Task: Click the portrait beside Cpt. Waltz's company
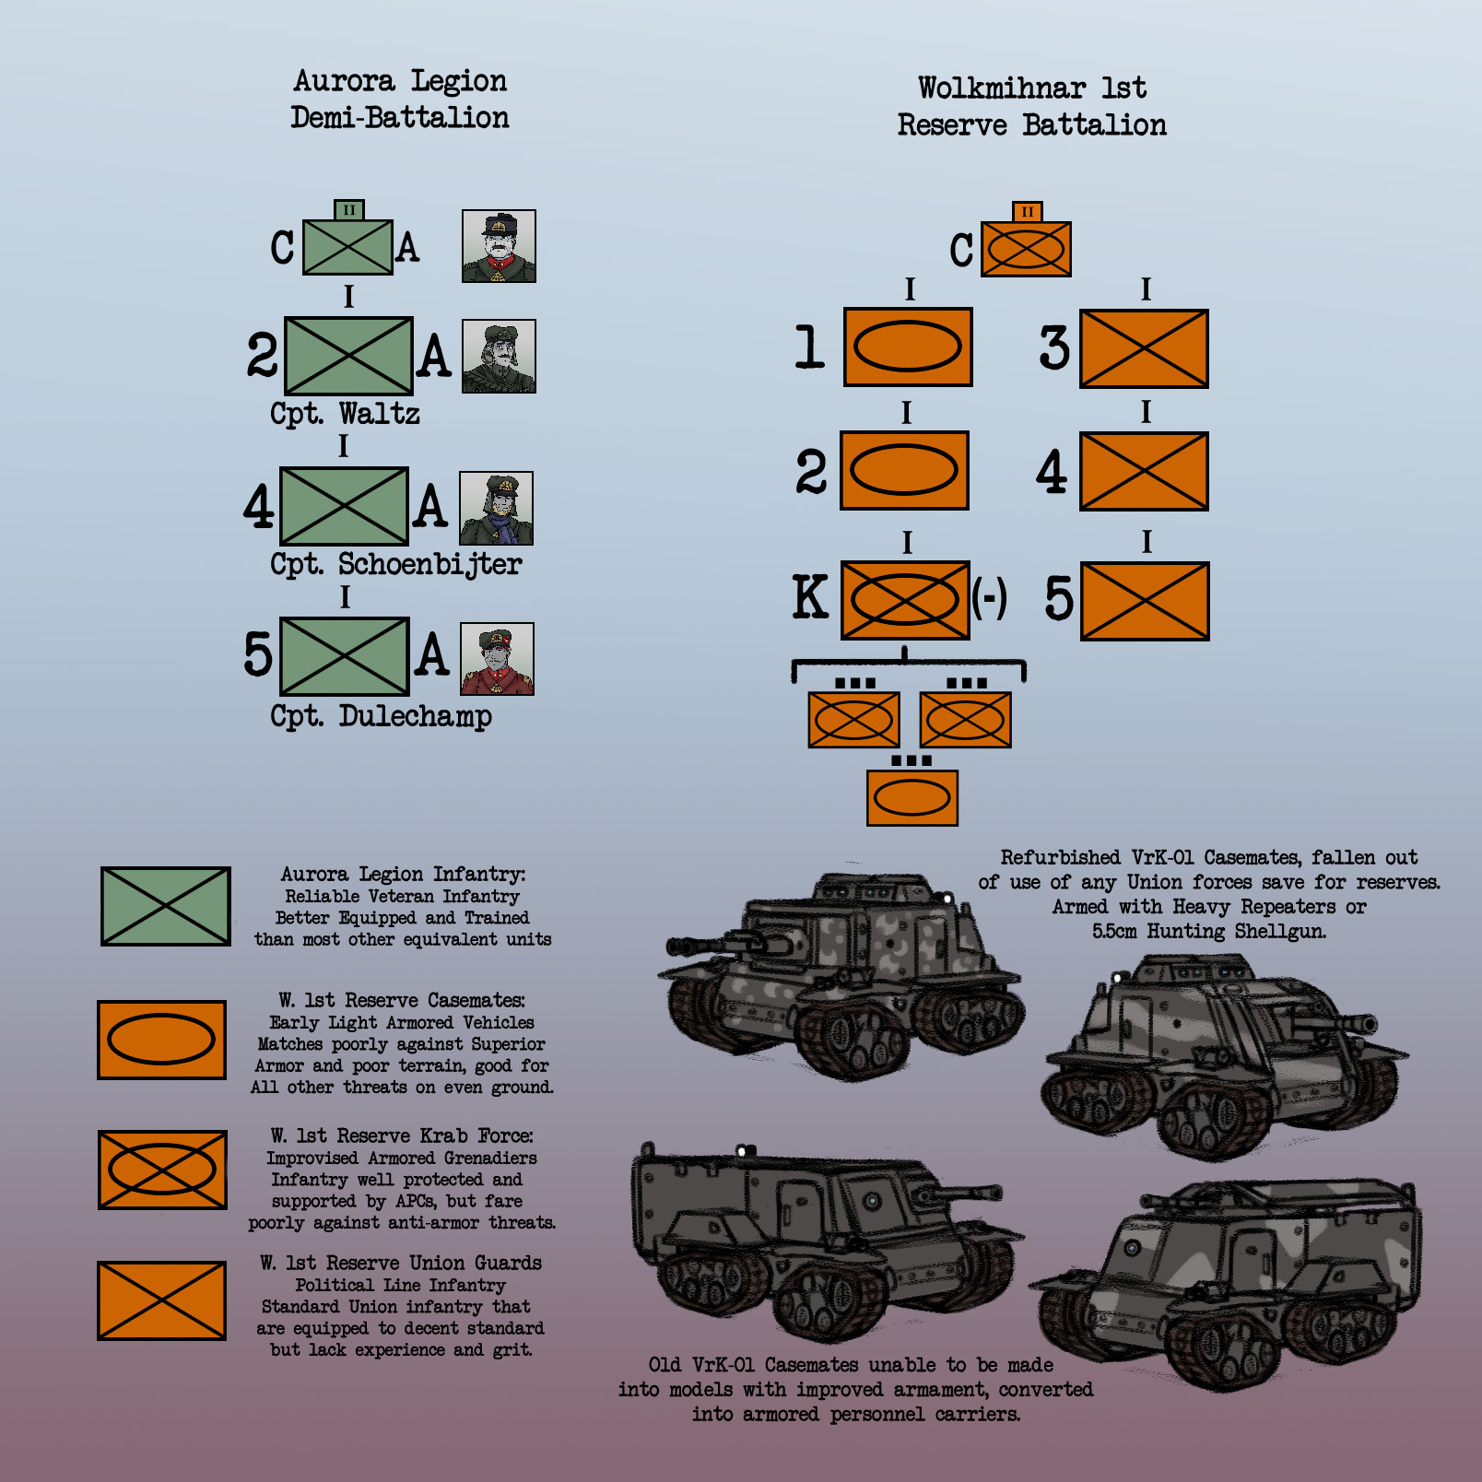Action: click(499, 357)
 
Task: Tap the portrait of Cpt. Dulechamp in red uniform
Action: click(497, 659)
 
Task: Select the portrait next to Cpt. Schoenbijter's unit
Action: click(497, 508)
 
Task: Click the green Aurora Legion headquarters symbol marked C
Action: click(348, 247)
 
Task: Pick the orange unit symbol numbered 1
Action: click(908, 347)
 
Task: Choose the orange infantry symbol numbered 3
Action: click(1144, 348)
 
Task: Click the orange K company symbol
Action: click(905, 599)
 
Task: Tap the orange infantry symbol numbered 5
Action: click(1145, 601)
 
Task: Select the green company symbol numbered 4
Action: click(344, 506)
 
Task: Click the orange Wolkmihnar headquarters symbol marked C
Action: click(1026, 249)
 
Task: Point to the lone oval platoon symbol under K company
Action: click(912, 797)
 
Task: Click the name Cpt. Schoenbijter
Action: click(396, 563)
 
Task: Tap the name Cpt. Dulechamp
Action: click(381, 715)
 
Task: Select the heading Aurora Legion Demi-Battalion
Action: click(400, 100)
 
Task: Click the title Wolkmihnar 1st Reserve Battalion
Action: click(1032, 107)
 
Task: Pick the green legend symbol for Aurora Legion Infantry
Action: click(166, 906)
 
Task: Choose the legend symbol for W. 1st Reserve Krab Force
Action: click(162, 1170)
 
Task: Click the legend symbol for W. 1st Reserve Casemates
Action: click(161, 1040)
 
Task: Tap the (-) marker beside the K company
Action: click(989, 598)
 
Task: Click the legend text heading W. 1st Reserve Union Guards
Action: click(401, 1263)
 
